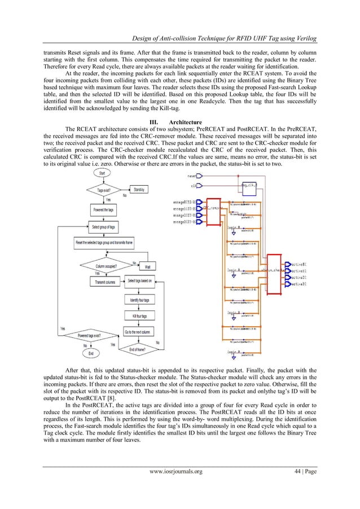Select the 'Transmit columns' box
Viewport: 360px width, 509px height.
coord(105,282)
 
